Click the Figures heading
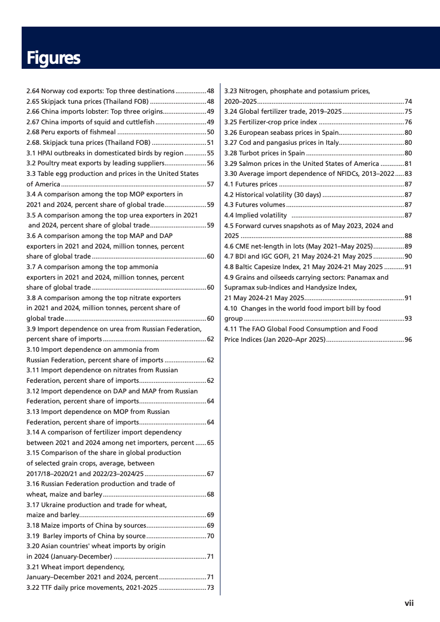click(53, 58)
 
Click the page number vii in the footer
click(409, 603)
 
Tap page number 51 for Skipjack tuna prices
click(210, 143)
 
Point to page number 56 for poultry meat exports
click(210, 163)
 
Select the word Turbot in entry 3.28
click(249, 153)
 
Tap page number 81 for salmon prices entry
click(408, 164)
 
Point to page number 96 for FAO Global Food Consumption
click(408, 339)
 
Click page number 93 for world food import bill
click(408, 318)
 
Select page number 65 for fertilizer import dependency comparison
click(210, 442)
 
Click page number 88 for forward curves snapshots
click(408, 236)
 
